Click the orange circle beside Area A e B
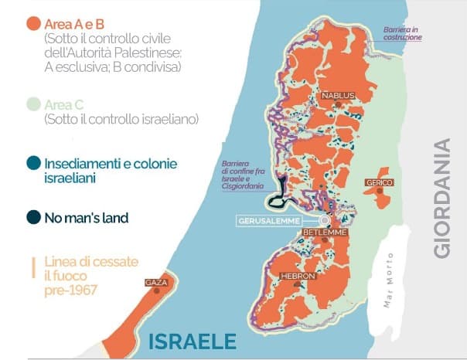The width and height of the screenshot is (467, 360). point(32,23)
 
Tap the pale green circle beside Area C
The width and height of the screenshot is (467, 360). point(32,105)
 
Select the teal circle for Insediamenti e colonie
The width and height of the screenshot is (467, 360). point(32,165)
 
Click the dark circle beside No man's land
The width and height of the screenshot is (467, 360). point(32,218)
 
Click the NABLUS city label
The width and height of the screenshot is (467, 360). point(338,96)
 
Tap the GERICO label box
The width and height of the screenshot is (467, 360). point(380,182)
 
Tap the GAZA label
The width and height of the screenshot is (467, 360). point(155,284)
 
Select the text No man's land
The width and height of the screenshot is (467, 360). point(87,218)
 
